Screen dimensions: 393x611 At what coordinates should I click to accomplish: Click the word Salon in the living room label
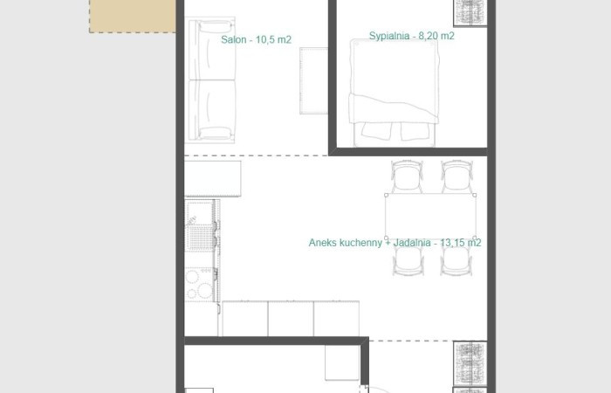[234, 40]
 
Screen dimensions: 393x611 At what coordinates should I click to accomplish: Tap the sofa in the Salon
[212, 79]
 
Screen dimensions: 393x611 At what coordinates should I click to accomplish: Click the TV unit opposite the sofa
[312, 80]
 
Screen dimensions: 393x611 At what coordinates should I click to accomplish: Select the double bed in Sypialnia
[392, 92]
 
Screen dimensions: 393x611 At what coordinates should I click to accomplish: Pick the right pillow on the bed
[416, 131]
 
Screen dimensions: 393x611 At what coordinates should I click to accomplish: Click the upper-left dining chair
[407, 176]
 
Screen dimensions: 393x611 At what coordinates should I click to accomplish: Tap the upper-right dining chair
[456, 176]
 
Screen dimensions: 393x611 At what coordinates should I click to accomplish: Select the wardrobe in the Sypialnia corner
[470, 12]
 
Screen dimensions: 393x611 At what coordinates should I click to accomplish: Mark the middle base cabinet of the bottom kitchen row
[291, 319]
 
